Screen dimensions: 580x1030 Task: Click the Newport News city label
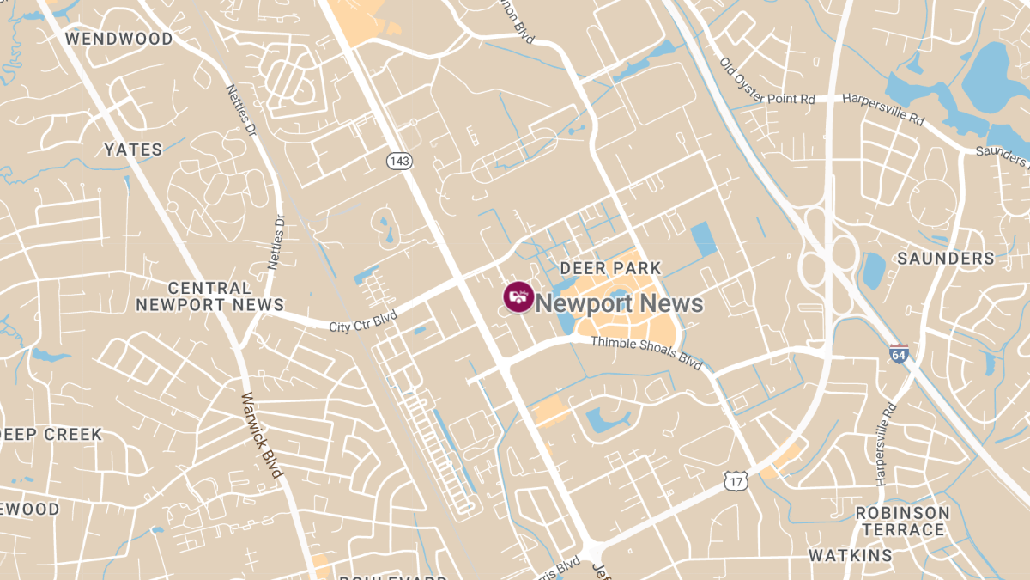[x=619, y=303]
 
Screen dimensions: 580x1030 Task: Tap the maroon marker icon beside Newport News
[x=518, y=298]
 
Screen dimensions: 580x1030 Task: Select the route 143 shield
[x=399, y=161]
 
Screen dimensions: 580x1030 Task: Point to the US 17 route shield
[x=736, y=481]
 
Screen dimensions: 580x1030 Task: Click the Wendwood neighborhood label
[x=118, y=39]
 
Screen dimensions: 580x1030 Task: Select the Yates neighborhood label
[x=133, y=150]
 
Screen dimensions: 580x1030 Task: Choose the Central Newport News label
[x=209, y=296]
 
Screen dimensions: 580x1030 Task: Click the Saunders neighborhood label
[x=945, y=258]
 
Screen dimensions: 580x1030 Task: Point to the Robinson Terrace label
[x=902, y=521]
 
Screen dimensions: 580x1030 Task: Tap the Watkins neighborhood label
[x=851, y=555]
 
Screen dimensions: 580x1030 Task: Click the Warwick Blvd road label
[x=262, y=436]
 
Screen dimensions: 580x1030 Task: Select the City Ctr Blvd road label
[x=363, y=321]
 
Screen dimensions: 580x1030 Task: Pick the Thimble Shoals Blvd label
[x=646, y=352]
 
